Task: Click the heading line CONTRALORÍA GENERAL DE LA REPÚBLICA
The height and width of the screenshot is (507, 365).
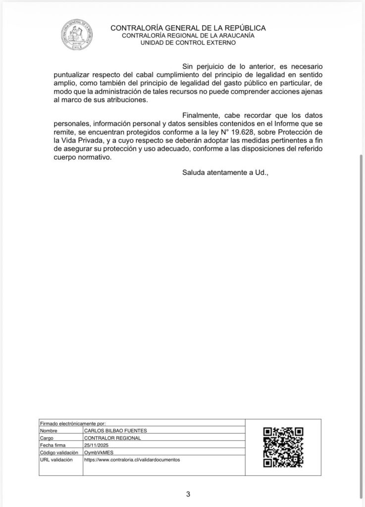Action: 188,28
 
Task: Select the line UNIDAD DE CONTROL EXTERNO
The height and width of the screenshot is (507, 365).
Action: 188,43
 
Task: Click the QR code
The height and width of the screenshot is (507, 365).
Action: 283,447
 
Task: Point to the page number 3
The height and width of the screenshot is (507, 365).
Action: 188,494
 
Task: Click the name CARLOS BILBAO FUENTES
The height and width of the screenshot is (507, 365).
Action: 115,431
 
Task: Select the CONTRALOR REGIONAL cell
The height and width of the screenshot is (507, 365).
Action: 112,438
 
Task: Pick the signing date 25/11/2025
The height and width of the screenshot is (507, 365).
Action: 96,445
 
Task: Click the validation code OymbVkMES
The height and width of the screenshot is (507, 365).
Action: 98,453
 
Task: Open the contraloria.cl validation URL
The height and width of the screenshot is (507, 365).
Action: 132,459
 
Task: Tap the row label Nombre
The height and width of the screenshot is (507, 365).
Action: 49,431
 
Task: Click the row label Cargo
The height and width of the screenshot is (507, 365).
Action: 47,438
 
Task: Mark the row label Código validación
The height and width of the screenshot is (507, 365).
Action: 58,453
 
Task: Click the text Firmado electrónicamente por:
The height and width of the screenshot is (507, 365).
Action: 73,424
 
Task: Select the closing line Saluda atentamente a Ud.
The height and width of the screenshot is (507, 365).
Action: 225,172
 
